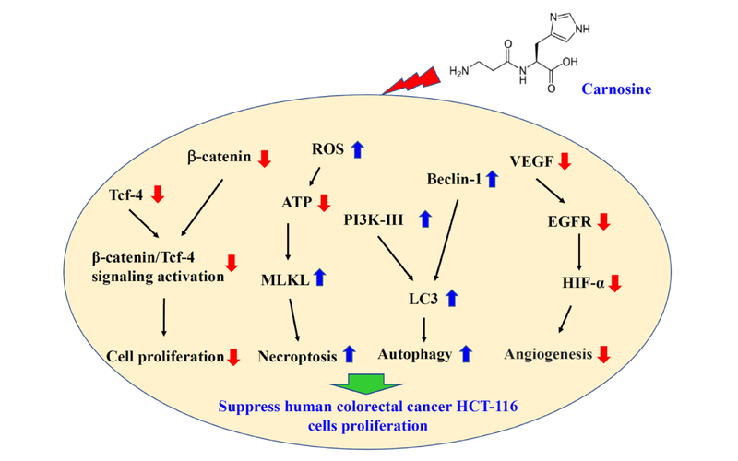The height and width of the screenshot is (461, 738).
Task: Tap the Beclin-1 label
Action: click(454, 179)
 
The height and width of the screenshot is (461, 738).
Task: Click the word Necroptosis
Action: click(298, 353)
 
